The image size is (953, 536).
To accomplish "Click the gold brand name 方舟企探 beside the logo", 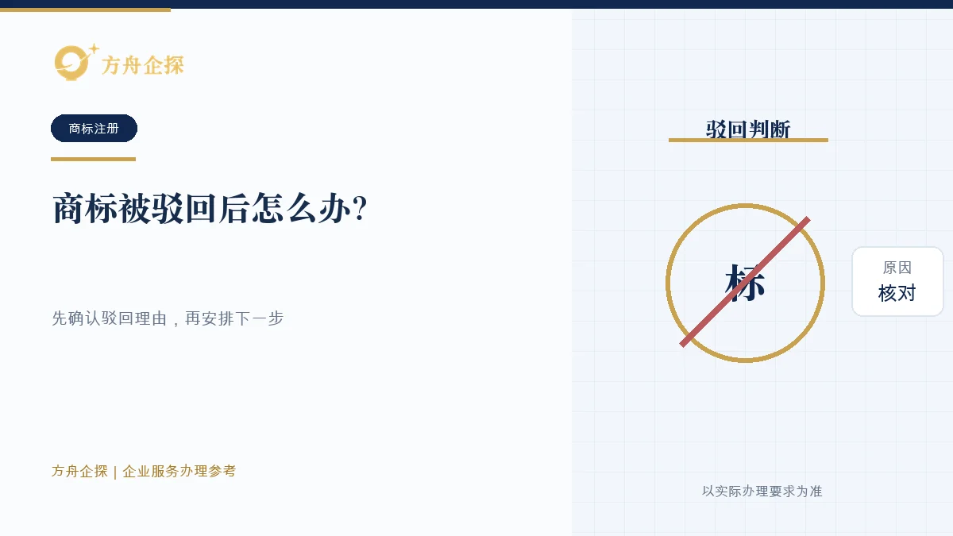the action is pyautogui.click(x=142, y=65).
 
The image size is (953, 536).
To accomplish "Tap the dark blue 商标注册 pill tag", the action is pyautogui.click(x=94, y=128).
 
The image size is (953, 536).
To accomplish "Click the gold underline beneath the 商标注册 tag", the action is pyautogui.click(x=93, y=159).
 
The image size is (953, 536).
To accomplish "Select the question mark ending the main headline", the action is pyautogui.click(x=360, y=208).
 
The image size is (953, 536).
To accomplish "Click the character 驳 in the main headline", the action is pyautogui.click(x=168, y=208).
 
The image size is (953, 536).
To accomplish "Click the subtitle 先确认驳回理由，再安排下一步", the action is pyautogui.click(x=168, y=318).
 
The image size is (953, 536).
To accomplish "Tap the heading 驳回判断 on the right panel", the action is pyautogui.click(x=748, y=129).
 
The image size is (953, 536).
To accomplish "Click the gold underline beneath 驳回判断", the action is pyautogui.click(x=748, y=140).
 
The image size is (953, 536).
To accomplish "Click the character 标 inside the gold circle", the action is pyautogui.click(x=745, y=283).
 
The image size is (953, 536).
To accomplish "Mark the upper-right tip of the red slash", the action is pyautogui.click(x=808, y=219).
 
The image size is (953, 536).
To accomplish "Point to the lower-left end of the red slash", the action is pyautogui.click(x=682, y=344).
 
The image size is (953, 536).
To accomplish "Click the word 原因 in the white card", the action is pyautogui.click(x=897, y=268).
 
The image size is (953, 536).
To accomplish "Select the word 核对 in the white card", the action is pyautogui.click(x=897, y=293).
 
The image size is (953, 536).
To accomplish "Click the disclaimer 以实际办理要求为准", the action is pyautogui.click(x=762, y=492).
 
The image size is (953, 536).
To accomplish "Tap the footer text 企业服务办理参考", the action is pyautogui.click(x=179, y=471).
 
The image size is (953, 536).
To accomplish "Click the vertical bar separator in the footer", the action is pyautogui.click(x=115, y=472).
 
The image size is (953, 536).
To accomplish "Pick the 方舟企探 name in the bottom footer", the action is pyautogui.click(x=79, y=471).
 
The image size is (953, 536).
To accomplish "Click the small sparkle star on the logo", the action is pyautogui.click(x=94, y=49).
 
